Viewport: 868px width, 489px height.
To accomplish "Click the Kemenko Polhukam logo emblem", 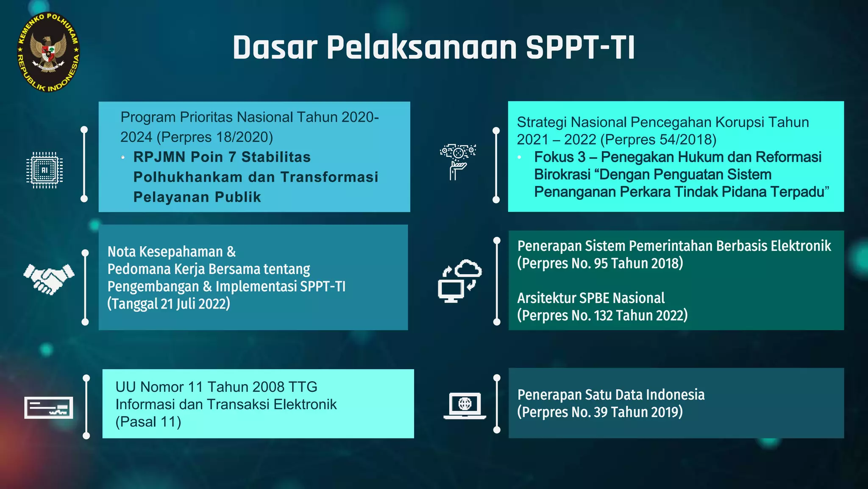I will tap(48, 52).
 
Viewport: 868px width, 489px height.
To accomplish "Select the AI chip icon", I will tap(45, 170).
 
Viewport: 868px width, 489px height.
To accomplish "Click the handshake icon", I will tap(49, 279).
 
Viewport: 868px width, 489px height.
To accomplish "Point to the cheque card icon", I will tap(48, 407).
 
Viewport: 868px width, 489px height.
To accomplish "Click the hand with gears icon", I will tap(458, 161).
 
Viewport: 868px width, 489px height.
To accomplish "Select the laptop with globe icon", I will tap(465, 406).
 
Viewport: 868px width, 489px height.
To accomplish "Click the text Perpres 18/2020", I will tap(215, 137).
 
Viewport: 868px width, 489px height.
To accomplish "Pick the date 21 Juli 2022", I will tap(195, 304).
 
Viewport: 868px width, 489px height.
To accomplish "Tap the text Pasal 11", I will tap(148, 422).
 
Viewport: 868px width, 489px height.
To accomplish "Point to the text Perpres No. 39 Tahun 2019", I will tap(600, 412).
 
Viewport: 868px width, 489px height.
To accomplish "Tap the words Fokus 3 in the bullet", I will tap(559, 157).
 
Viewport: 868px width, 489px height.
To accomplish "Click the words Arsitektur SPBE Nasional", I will tap(591, 298).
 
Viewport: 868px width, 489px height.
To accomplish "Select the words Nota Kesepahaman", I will tap(165, 252).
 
